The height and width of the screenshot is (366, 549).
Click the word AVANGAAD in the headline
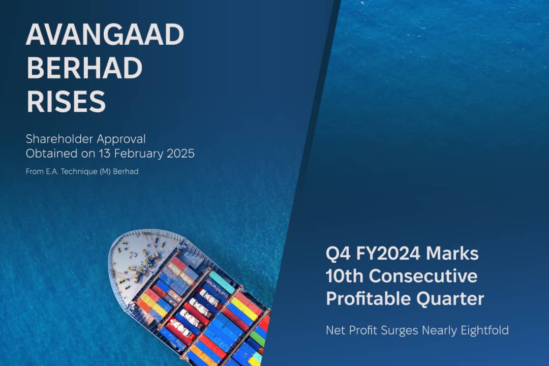105,35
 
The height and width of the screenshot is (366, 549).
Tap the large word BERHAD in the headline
84,68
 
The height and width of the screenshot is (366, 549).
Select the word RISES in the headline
66,102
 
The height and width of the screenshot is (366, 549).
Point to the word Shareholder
59,139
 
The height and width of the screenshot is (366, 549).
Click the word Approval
121,139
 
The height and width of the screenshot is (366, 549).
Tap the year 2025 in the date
180,154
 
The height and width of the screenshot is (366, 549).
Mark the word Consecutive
423,276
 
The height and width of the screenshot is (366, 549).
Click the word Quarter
450,299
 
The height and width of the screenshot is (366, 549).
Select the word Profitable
369,299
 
